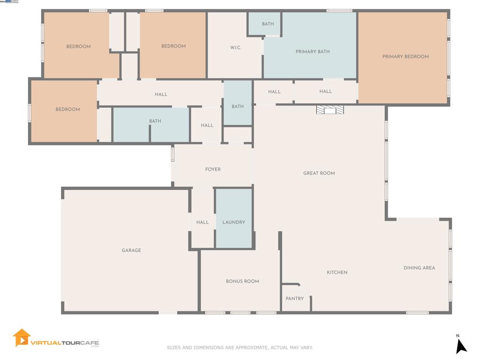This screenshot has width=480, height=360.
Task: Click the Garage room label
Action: click(131, 250)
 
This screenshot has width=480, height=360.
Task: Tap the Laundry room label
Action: click(233, 222)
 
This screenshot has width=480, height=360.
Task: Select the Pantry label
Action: click(295, 299)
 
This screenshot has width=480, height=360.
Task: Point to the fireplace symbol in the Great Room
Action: click(330, 110)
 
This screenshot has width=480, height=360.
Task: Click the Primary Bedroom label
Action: click(405, 57)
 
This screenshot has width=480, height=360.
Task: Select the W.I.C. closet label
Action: click(235, 47)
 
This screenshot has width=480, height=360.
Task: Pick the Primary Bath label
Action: click(313, 52)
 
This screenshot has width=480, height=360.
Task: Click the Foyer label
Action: click(213, 169)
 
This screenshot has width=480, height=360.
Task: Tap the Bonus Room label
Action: click(242, 281)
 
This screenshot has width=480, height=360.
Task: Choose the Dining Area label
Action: click(419, 268)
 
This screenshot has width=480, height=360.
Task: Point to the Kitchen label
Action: click(337, 272)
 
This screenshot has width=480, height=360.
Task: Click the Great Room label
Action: click(319, 173)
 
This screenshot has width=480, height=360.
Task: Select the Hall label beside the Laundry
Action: click(202, 222)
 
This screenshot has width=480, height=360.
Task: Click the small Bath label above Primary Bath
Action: click(268, 24)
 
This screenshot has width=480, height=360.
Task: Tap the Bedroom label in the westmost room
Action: click(67, 109)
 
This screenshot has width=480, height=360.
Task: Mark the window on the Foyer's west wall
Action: click(172, 154)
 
